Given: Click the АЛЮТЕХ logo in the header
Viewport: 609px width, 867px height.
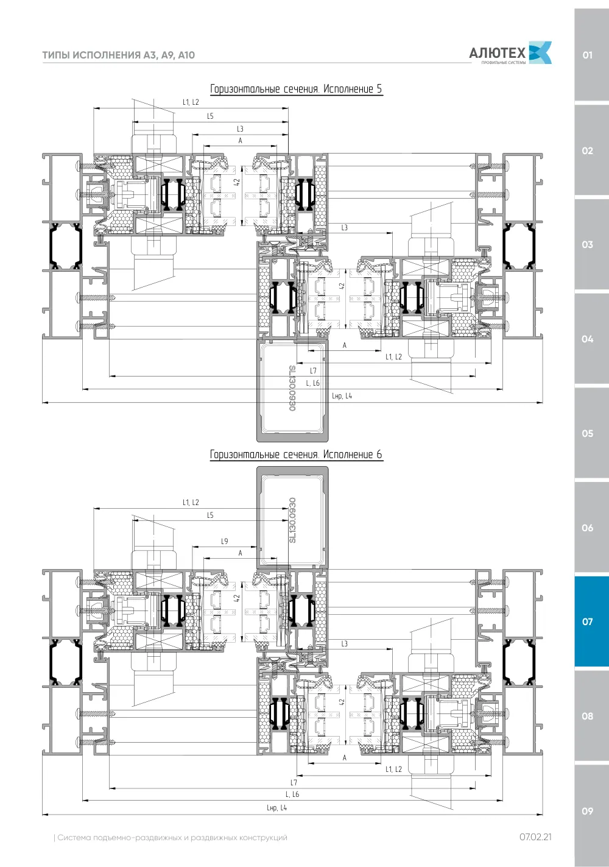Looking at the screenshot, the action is click(510, 53).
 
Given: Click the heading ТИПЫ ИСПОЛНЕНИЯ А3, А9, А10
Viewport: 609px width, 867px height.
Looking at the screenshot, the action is click(118, 55).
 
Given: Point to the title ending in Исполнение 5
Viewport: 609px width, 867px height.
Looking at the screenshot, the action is click(297, 89).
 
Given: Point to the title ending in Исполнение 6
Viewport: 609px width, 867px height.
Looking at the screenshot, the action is click(297, 455).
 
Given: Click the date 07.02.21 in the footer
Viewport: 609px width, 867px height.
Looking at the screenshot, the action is click(535, 837).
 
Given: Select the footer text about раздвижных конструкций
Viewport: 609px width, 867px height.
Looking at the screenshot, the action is click(171, 838).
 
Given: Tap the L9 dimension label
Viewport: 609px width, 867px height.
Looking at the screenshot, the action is click(224, 541).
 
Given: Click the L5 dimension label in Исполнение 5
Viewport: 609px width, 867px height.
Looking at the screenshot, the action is click(210, 116).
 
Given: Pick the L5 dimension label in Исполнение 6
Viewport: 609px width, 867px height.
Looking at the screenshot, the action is click(210, 515).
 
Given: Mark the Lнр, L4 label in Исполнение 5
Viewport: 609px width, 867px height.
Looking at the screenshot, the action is click(342, 396).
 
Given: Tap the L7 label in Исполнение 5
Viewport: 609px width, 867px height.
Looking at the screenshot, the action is click(313, 370).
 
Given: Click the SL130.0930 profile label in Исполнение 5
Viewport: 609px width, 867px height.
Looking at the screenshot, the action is click(292, 388).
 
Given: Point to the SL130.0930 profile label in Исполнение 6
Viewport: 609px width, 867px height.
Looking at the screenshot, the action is click(292, 520).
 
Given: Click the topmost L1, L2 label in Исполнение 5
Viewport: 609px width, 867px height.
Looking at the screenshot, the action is click(191, 102).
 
